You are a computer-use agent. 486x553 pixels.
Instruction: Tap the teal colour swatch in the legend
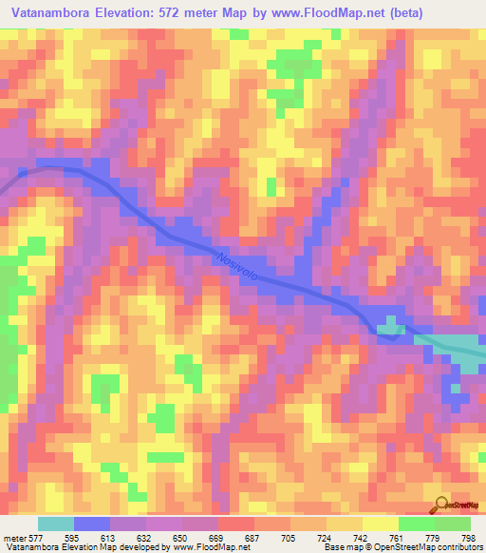56,524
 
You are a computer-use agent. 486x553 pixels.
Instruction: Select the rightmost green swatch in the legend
453,524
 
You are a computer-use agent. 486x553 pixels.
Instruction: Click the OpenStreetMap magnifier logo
442,505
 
